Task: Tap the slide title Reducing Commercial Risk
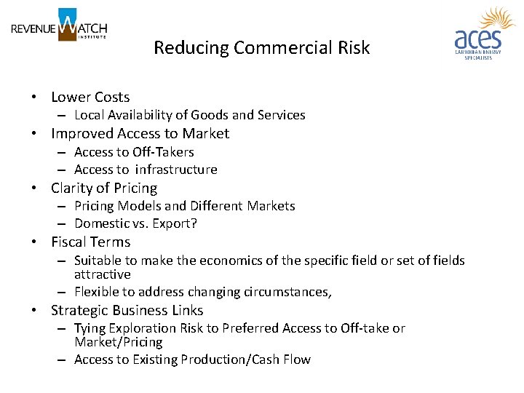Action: coord(261,48)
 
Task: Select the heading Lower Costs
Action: coord(90,97)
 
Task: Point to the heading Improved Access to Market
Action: coord(140,133)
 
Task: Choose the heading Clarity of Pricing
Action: coord(104,188)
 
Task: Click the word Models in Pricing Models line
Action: coord(140,206)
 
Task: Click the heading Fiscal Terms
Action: coord(90,242)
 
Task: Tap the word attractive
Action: coord(103,274)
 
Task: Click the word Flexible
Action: coord(98,292)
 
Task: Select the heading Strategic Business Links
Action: coord(127,310)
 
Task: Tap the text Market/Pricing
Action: coord(119,342)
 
